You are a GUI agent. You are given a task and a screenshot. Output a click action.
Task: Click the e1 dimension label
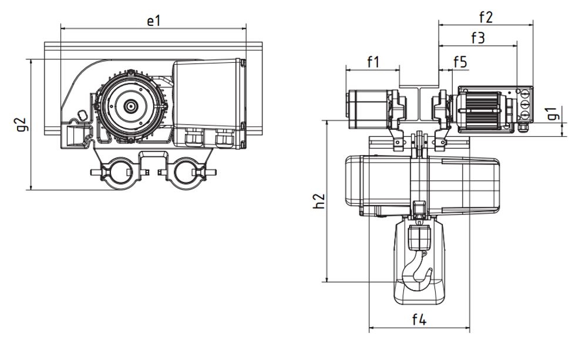[153, 21]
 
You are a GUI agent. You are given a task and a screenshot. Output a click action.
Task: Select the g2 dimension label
[22, 125]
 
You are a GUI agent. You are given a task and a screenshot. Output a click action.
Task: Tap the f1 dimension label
[373, 61]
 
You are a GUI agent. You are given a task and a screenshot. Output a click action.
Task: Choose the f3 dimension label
[477, 38]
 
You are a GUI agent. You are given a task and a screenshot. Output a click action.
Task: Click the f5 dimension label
[460, 62]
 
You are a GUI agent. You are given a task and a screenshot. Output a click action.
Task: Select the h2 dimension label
[318, 201]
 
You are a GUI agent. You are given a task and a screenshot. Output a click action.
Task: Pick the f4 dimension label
[419, 319]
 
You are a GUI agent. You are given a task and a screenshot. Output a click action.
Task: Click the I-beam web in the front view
[419, 109]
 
